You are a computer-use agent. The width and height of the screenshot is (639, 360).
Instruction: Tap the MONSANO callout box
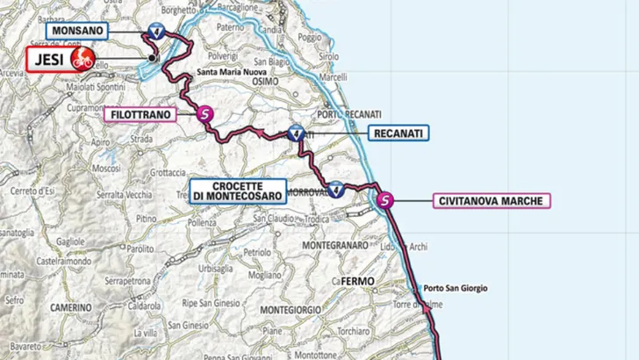point(78,31)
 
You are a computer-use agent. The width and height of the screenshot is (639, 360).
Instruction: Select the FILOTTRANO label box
point(139,113)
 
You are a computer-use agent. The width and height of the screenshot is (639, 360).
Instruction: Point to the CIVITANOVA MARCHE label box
point(491,201)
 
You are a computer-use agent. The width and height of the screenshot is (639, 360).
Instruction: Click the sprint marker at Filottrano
point(205,113)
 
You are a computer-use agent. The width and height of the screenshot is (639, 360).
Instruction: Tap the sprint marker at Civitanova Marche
point(386,201)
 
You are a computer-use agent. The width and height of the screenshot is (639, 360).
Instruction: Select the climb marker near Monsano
point(156,32)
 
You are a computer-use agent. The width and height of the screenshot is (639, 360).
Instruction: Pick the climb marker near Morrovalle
point(335,186)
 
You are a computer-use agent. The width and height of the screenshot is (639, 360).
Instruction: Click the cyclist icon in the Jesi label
point(83,61)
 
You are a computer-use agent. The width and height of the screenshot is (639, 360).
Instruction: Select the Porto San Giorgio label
point(454,288)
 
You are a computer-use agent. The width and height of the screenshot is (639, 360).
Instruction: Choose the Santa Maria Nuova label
point(231,71)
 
